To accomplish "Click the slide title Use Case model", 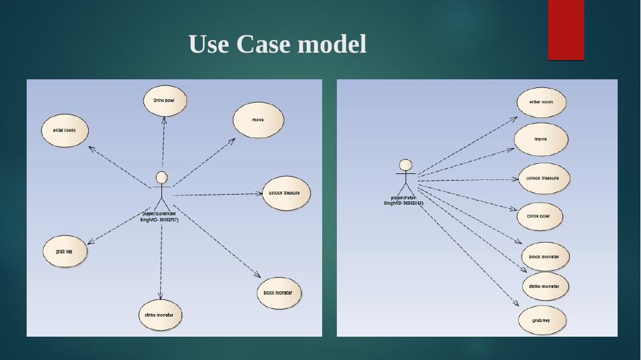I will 277,45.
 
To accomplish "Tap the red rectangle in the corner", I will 566,30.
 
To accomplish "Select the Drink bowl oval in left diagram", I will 165,100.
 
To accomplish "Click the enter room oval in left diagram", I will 65,131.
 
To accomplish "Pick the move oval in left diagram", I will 258,120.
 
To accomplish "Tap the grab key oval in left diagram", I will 65,252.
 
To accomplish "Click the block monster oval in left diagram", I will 278,293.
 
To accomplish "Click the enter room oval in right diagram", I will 541,103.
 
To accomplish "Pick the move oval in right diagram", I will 541,139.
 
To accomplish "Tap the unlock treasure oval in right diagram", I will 544,179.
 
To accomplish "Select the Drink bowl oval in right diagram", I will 540,217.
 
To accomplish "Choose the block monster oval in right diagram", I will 544,257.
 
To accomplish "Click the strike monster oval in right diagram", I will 544,287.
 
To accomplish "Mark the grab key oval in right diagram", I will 542,321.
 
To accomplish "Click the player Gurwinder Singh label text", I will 159,217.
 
